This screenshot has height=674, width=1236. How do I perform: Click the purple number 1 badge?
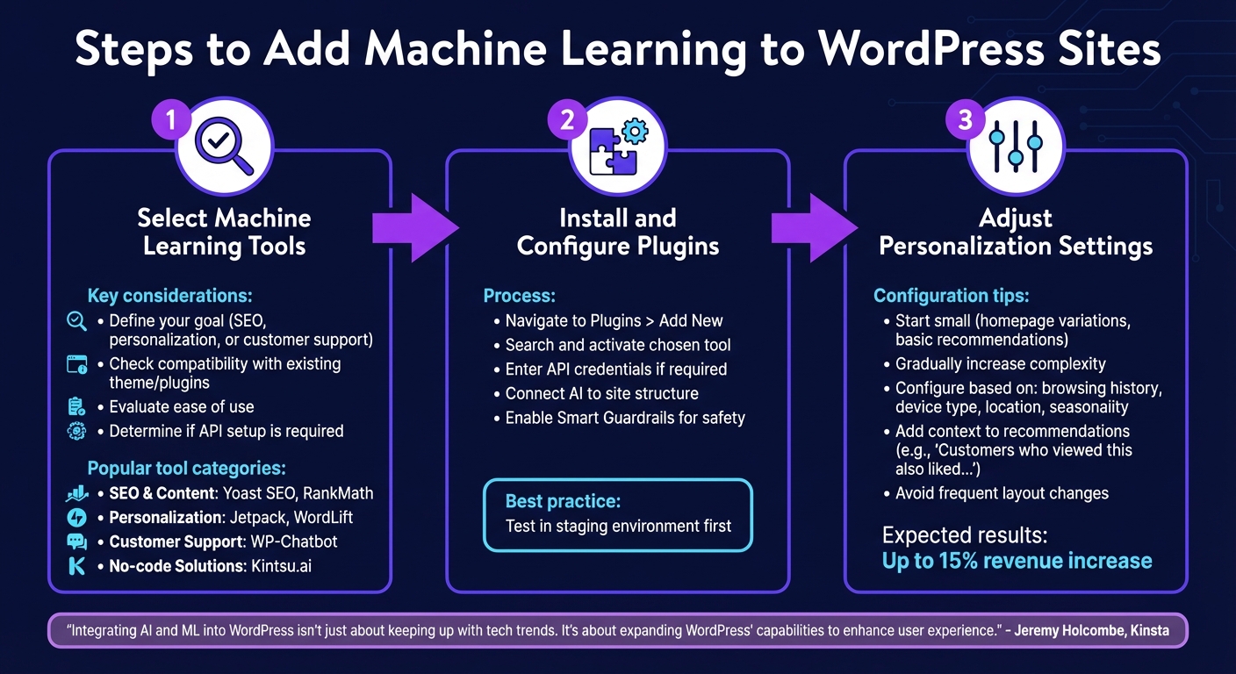tap(170, 119)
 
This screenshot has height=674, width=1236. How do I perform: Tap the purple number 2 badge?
tap(567, 119)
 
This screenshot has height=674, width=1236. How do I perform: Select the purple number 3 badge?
tap(965, 119)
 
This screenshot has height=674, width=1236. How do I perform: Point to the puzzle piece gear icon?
tap(618, 146)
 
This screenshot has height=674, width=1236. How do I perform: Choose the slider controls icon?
tap(1016, 146)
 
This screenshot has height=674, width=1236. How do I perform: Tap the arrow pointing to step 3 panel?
tap(813, 228)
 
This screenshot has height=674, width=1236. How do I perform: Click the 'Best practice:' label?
tap(563, 502)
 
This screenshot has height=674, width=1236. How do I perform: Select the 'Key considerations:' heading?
tap(169, 297)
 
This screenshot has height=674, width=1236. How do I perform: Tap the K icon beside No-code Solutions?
tap(77, 566)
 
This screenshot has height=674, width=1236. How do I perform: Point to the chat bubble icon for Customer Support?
tap(77, 541)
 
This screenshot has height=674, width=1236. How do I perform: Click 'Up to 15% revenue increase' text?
tap(1017, 561)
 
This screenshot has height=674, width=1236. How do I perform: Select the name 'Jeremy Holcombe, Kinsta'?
tap(1091, 630)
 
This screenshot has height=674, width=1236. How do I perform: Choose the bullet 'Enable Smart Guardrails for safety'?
tap(624, 418)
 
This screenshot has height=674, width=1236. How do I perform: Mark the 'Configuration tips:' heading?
tap(951, 297)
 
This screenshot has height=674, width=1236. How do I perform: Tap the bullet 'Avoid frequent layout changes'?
tap(1001, 493)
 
